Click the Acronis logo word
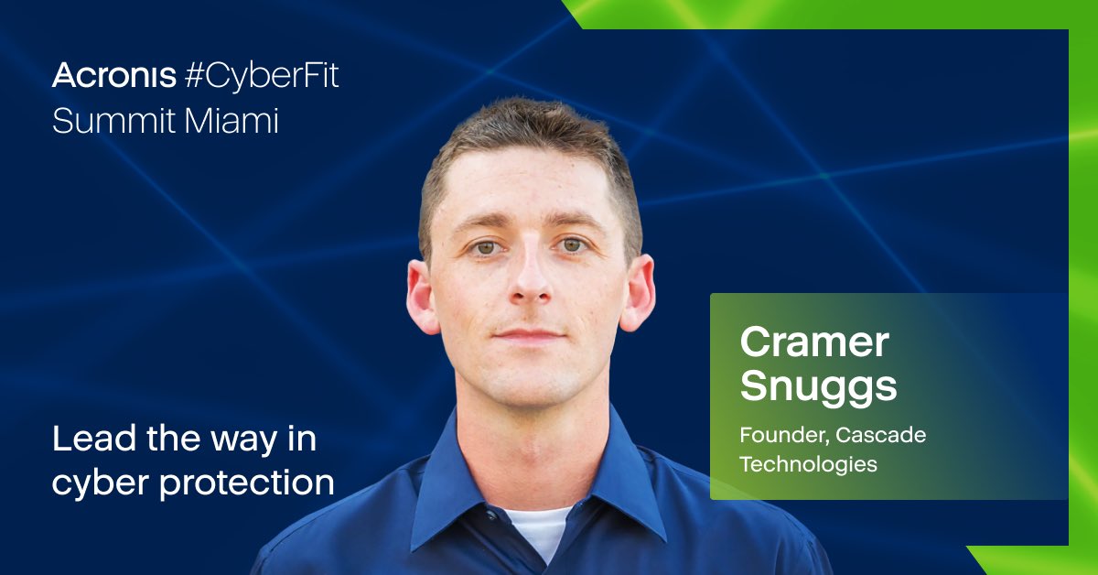(x=114, y=76)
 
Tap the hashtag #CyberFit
(x=262, y=77)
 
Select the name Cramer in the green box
(x=814, y=343)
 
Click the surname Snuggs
(x=818, y=386)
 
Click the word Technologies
(x=808, y=464)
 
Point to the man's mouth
(x=528, y=334)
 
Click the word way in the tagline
(x=247, y=440)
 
